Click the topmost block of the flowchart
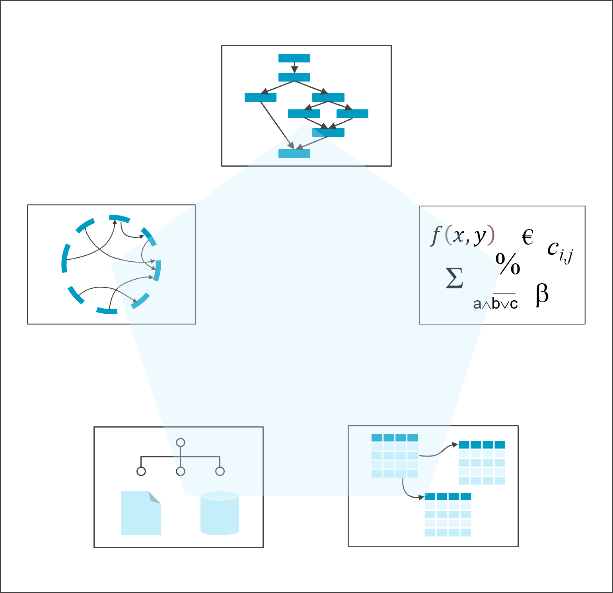click(294, 58)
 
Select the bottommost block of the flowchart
click(294, 154)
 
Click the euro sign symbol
click(527, 237)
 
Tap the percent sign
click(508, 264)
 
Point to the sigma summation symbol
click(454, 278)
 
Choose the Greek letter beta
click(542, 294)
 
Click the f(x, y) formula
click(463, 235)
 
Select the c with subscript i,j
click(559, 251)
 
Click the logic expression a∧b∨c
click(496, 303)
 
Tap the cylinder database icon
click(220, 513)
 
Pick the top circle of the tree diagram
click(181, 442)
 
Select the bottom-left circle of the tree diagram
click(141, 471)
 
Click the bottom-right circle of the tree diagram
click(220, 471)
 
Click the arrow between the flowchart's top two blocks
click(294, 67)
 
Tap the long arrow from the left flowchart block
click(277, 125)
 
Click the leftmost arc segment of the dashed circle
click(64, 259)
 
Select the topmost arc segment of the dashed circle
click(119, 218)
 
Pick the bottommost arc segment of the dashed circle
click(107, 311)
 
